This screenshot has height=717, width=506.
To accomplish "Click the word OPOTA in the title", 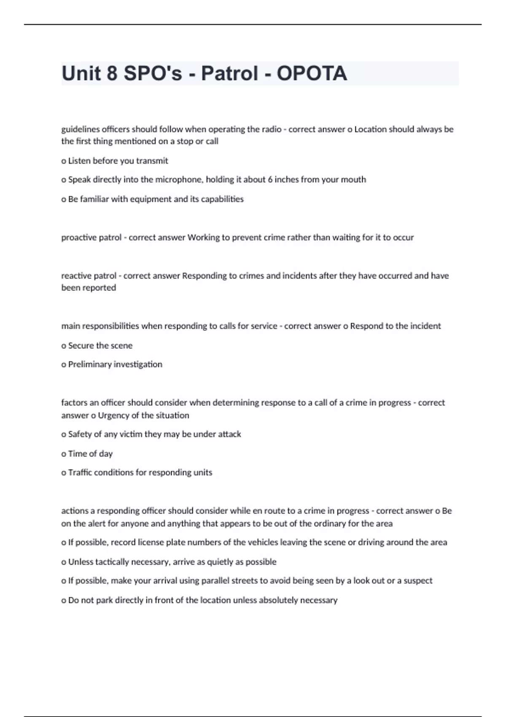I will point(312,73).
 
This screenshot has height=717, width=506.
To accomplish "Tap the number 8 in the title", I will point(112,73).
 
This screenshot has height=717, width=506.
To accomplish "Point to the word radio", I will point(271,129).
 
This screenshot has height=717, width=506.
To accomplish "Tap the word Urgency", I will point(113,415).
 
